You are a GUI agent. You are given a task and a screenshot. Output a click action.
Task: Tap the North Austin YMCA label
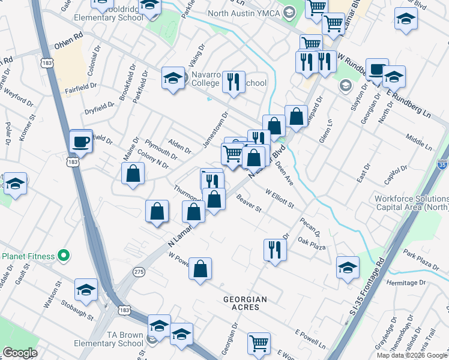[x=245, y=13]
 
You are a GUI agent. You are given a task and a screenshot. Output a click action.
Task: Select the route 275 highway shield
[x=139, y=271]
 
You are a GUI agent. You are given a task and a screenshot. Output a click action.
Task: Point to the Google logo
[x=19, y=353]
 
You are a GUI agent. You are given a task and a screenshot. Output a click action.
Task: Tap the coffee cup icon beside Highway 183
[x=81, y=142]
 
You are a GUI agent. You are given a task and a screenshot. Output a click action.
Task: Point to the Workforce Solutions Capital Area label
[x=411, y=203]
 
